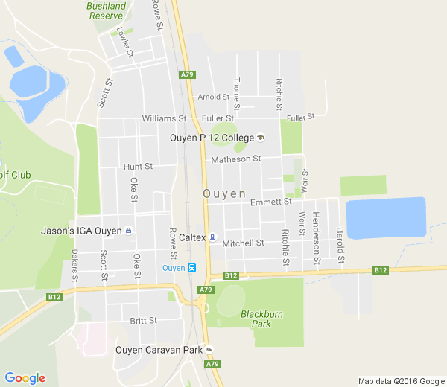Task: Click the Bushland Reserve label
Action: click(106, 10)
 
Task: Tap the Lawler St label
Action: click(124, 42)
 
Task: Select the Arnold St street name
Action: click(213, 97)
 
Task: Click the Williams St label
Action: click(163, 118)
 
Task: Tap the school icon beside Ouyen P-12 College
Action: click(260, 137)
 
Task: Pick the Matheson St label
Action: click(235, 159)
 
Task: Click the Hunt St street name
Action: click(138, 167)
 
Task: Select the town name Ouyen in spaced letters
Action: click(223, 193)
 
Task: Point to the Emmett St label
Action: click(270, 202)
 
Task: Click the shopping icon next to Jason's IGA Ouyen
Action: click(129, 231)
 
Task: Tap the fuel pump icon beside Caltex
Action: click(212, 237)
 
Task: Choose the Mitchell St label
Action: click(243, 243)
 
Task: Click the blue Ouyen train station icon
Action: click(191, 268)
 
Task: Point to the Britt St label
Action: click(143, 321)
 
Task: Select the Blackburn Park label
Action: click(261, 319)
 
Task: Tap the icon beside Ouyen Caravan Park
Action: click(209, 350)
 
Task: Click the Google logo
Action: click(25, 378)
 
